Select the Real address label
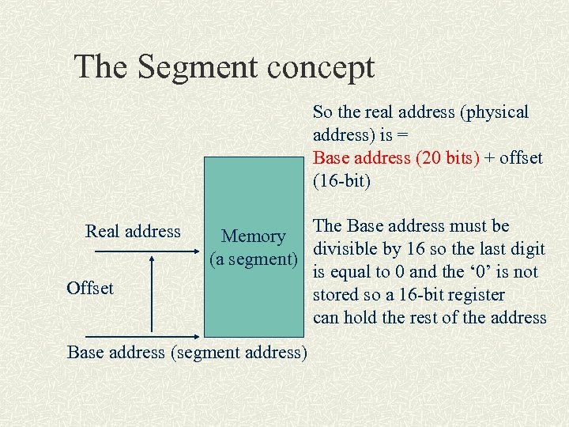click(133, 231)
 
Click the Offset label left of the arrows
click(90, 288)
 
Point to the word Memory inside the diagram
click(253, 236)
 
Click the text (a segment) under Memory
click(253, 259)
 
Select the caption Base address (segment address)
click(187, 352)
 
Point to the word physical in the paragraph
click(495, 112)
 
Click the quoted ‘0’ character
click(478, 272)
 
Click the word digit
click(527, 249)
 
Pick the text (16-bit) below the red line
click(341, 180)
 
